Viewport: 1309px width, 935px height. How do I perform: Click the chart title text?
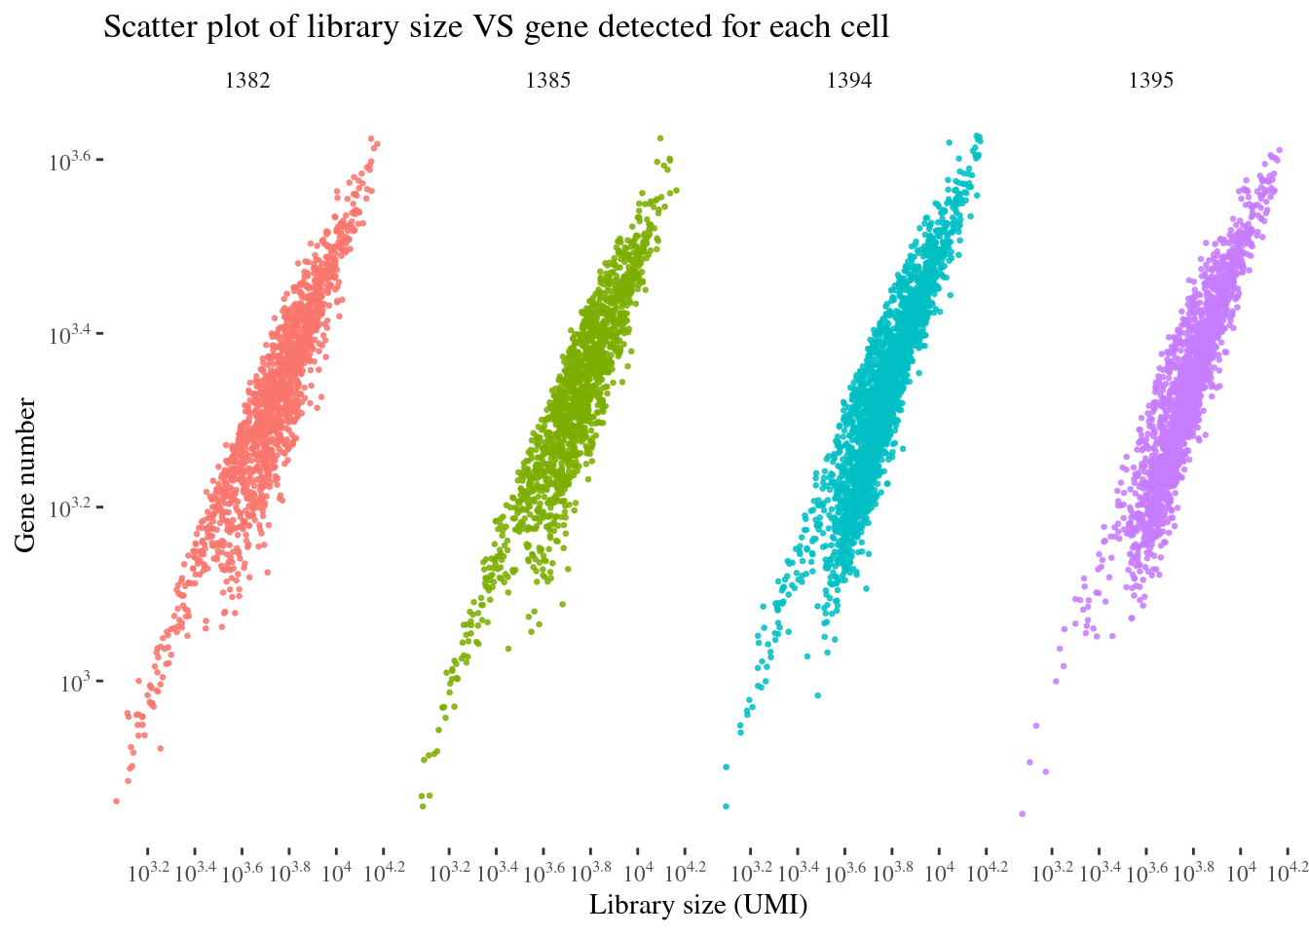click(x=496, y=27)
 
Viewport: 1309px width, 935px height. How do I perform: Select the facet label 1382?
click(x=247, y=81)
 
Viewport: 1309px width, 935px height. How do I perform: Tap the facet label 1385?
click(x=548, y=81)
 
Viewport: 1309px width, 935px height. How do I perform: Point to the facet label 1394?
click(x=849, y=81)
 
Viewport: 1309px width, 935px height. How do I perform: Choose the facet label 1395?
click(x=1150, y=81)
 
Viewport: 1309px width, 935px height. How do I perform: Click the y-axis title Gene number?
click(x=25, y=474)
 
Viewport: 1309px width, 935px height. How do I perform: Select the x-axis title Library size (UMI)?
click(x=698, y=906)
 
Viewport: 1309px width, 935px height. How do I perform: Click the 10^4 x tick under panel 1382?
click(x=336, y=872)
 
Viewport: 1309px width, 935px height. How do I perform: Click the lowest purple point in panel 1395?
click(x=1022, y=813)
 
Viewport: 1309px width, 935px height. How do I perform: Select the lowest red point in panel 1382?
click(x=116, y=802)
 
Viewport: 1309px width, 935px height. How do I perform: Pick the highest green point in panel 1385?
click(x=660, y=138)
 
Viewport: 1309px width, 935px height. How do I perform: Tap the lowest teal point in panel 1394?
click(x=726, y=806)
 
